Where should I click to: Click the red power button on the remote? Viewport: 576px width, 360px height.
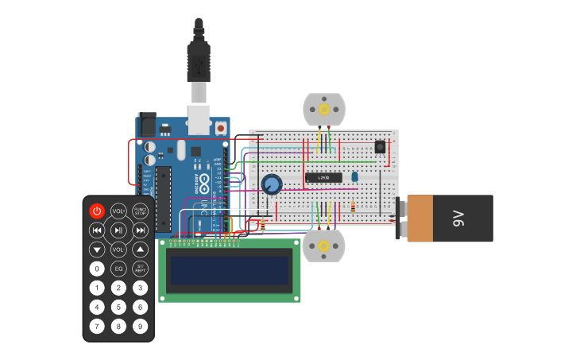[97, 211]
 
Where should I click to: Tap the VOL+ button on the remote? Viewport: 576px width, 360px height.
[118, 211]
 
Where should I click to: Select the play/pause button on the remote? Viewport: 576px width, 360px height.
[118, 230]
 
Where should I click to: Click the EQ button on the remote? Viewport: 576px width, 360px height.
[118, 269]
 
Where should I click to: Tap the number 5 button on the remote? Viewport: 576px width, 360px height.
[118, 307]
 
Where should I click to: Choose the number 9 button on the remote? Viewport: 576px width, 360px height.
[140, 326]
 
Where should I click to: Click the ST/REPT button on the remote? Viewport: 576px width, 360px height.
[140, 269]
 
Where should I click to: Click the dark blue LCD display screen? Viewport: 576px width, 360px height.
[230, 271]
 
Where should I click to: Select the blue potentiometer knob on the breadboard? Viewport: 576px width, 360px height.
[272, 184]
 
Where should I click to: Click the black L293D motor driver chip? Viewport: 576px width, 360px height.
[324, 176]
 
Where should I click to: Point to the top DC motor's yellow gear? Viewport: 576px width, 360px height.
[324, 109]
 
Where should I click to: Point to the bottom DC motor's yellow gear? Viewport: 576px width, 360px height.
[324, 246]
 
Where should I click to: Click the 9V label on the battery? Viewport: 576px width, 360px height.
[458, 218]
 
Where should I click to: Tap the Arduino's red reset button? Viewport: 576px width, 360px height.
[220, 126]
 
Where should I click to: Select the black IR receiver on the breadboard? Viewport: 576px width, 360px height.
[380, 147]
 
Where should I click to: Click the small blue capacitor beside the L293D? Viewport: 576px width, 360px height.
[354, 176]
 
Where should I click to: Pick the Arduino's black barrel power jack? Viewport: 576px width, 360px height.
[147, 125]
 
